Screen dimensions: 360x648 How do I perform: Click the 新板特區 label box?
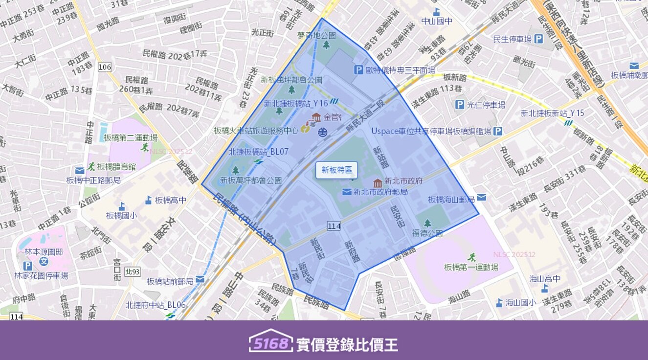[x=336, y=170]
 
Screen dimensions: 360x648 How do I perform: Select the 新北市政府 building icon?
[x=378, y=183]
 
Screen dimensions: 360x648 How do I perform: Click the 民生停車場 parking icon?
[x=538, y=39]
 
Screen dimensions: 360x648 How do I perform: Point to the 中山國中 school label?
[x=437, y=21]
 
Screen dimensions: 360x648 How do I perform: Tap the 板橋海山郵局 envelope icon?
[x=481, y=198]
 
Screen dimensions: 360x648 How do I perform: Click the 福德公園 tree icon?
[x=427, y=223]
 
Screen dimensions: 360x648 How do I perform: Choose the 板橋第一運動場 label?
[x=471, y=267]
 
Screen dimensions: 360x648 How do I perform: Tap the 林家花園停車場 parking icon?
[x=28, y=266]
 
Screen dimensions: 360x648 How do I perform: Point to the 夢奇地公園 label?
[x=316, y=35]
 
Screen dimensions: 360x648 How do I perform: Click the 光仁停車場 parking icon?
[x=460, y=105]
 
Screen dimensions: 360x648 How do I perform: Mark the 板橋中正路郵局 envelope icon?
[x=80, y=170]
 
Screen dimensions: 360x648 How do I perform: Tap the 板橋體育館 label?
[x=116, y=166]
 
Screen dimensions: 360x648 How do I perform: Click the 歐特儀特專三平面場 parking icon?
[x=358, y=70]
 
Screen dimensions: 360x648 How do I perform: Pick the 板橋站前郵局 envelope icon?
[x=200, y=279]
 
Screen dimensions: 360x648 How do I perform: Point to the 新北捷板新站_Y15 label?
[x=552, y=113]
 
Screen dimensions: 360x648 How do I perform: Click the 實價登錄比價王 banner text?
[x=347, y=344]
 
